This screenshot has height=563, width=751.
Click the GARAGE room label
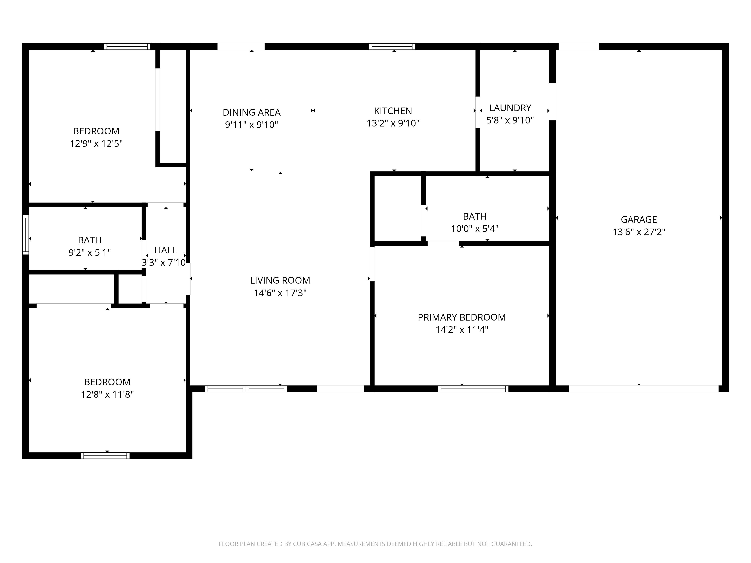click(x=639, y=220)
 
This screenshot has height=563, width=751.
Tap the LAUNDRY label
click(x=510, y=108)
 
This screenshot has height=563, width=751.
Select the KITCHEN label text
click(x=393, y=111)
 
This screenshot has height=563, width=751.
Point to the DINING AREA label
click(x=252, y=112)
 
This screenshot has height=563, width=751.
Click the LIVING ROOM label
click(x=280, y=280)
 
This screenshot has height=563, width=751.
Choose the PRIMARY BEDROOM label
click(x=462, y=317)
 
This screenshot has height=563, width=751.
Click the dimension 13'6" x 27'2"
click(x=639, y=232)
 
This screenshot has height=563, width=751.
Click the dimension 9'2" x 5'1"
click(x=90, y=252)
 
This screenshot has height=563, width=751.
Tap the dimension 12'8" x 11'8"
click(x=107, y=394)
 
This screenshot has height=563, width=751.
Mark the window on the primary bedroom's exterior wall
click(x=473, y=389)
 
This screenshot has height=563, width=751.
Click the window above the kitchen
click(x=392, y=47)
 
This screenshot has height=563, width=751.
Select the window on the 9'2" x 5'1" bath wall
click(x=26, y=235)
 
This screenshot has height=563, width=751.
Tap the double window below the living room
click(x=246, y=389)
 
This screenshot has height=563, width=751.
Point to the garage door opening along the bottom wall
click(x=643, y=389)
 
